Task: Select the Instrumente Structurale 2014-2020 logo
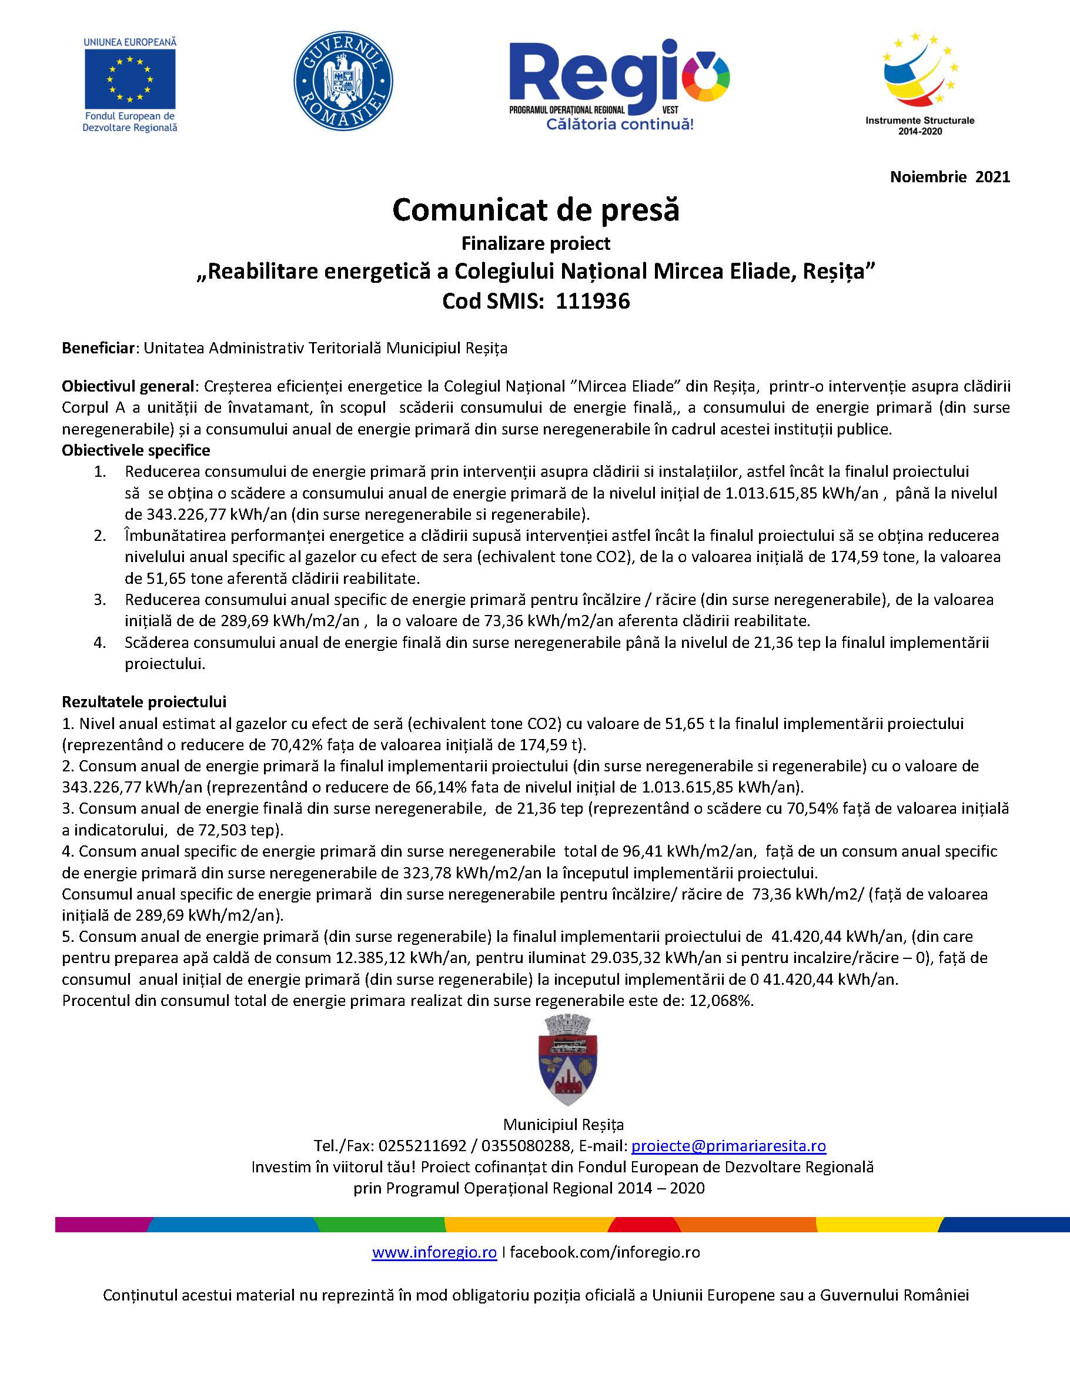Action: click(x=920, y=82)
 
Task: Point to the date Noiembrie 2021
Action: click(x=949, y=177)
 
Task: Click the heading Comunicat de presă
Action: click(x=536, y=210)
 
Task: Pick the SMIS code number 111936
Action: click(x=593, y=301)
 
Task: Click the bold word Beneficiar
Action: click(x=98, y=348)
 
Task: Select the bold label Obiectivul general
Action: click(x=129, y=386)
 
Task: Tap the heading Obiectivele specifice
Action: click(x=136, y=450)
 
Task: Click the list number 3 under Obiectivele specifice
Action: click(x=100, y=600)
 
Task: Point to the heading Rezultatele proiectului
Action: click(x=144, y=701)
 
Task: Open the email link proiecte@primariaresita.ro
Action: click(x=728, y=1146)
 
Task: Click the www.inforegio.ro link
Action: click(x=434, y=1252)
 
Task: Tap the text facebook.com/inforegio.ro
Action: click(x=605, y=1252)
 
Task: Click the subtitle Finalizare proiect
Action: click(x=536, y=243)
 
